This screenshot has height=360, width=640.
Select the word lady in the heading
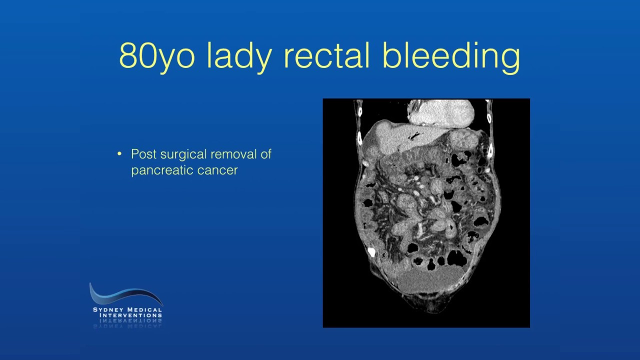[239, 55]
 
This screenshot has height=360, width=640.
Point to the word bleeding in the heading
[451, 55]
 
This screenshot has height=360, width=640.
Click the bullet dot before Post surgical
[119, 153]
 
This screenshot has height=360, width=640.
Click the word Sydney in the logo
[108, 309]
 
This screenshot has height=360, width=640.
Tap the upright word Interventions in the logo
[130, 315]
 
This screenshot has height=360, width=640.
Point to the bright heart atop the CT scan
[440, 112]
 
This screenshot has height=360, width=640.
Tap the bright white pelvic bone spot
[371, 251]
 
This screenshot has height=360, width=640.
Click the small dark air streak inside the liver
[413, 135]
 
